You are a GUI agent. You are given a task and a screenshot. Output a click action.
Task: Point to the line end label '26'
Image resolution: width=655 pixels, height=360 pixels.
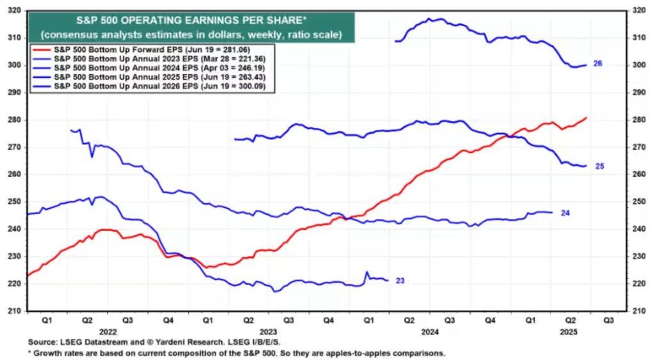coord(598,64)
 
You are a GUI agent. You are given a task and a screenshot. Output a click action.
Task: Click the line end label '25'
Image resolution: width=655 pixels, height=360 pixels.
coord(600,166)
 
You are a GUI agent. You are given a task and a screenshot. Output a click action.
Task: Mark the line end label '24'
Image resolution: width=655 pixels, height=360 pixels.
coord(565,212)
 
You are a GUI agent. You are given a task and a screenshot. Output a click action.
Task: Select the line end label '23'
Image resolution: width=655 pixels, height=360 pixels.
coord(400,281)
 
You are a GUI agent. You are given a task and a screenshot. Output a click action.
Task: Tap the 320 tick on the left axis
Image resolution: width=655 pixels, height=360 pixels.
coord(14,10)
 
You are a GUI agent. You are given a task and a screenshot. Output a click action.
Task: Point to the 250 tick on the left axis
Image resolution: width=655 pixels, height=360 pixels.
coord(14,201)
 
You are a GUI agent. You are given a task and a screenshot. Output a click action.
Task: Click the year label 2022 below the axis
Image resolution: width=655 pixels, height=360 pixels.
coord(107,332)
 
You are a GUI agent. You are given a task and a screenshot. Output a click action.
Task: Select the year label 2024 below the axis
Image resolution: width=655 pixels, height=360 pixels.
coord(429,332)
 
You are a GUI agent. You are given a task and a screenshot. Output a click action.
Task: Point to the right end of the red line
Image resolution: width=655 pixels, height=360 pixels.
coord(586,118)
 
